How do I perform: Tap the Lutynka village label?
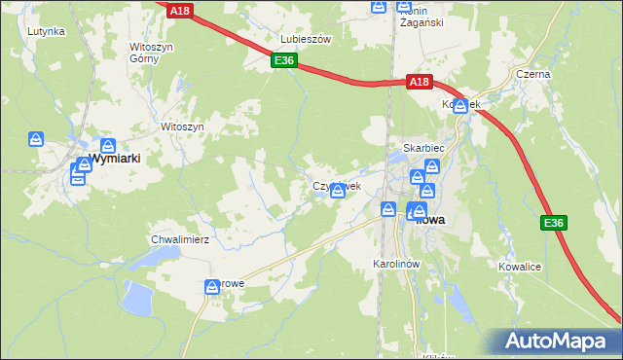[x=46, y=31]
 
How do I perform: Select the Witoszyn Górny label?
[x=150, y=52]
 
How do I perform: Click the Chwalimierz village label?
[x=180, y=238]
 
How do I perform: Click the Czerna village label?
[x=533, y=74]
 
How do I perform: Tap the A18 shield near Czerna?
[x=418, y=83]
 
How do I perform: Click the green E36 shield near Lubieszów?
[x=283, y=61]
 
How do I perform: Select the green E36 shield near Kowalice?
[x=553, y=224]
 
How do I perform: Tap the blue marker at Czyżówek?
[x=338, y=192]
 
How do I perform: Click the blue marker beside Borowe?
[x=212, y=287]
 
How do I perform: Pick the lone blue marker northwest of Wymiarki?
[x=37, y=139]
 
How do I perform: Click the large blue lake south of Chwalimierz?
[x=136, y=298]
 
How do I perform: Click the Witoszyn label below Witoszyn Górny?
[x=182, y=126]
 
